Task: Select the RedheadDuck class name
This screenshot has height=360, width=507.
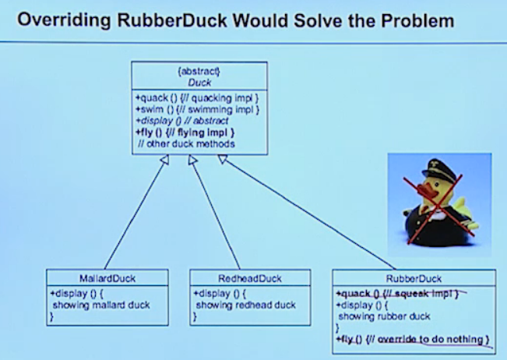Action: click(250, 277)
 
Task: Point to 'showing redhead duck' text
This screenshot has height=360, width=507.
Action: click(246, 305)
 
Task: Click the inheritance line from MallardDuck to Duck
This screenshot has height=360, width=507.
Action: click(135, 214)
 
